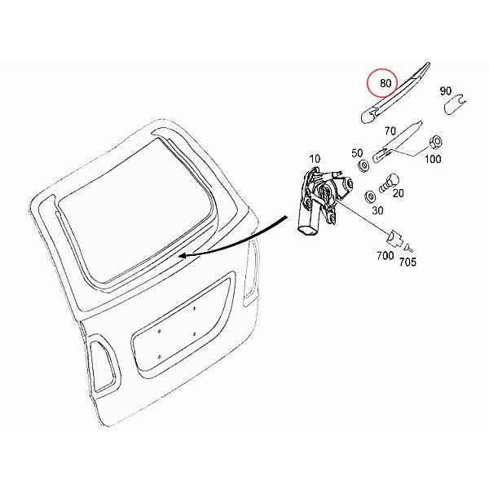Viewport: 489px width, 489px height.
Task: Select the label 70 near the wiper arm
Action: (x=389, y=130)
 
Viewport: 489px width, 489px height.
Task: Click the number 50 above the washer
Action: (x=356, y=152)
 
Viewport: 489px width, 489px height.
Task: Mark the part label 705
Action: (x=407, y=262)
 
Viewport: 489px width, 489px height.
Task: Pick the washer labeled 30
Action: (x=370, y=195)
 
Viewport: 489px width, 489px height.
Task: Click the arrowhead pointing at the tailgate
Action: (x=183, y=255)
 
